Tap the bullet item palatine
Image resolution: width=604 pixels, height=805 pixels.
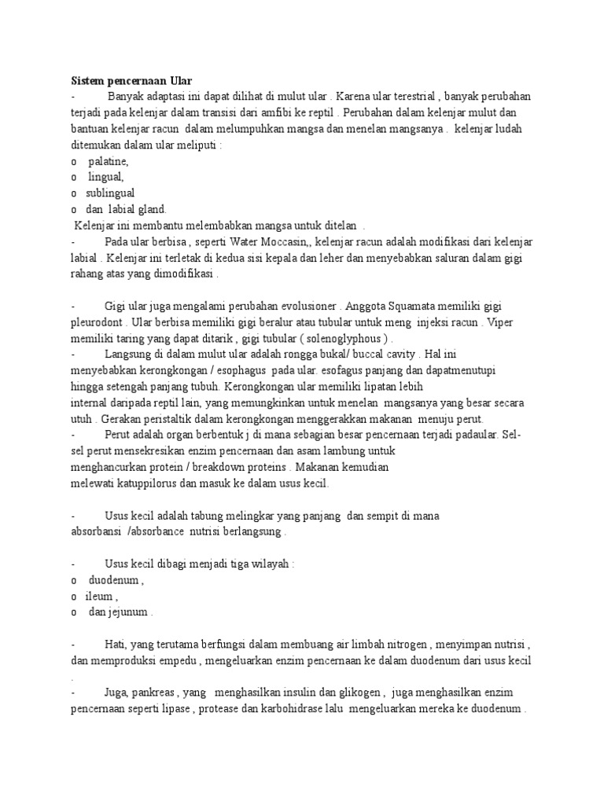click(108, 161)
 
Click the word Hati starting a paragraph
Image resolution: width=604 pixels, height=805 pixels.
click(114, 645)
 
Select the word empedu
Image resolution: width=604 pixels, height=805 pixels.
click(172, 661)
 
